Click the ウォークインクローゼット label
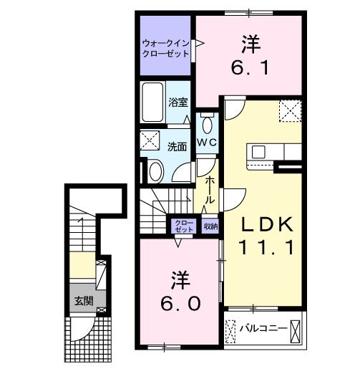pos(166,47)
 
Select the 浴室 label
pos(177,102)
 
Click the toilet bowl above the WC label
pos(207,125)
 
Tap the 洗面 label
pos(177,146)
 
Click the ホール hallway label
pos(210,191)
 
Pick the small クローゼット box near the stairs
pos(183,226)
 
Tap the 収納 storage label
pos(210,226)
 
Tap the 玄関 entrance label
pos(82,300)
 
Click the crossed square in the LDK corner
pos(290,112)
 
